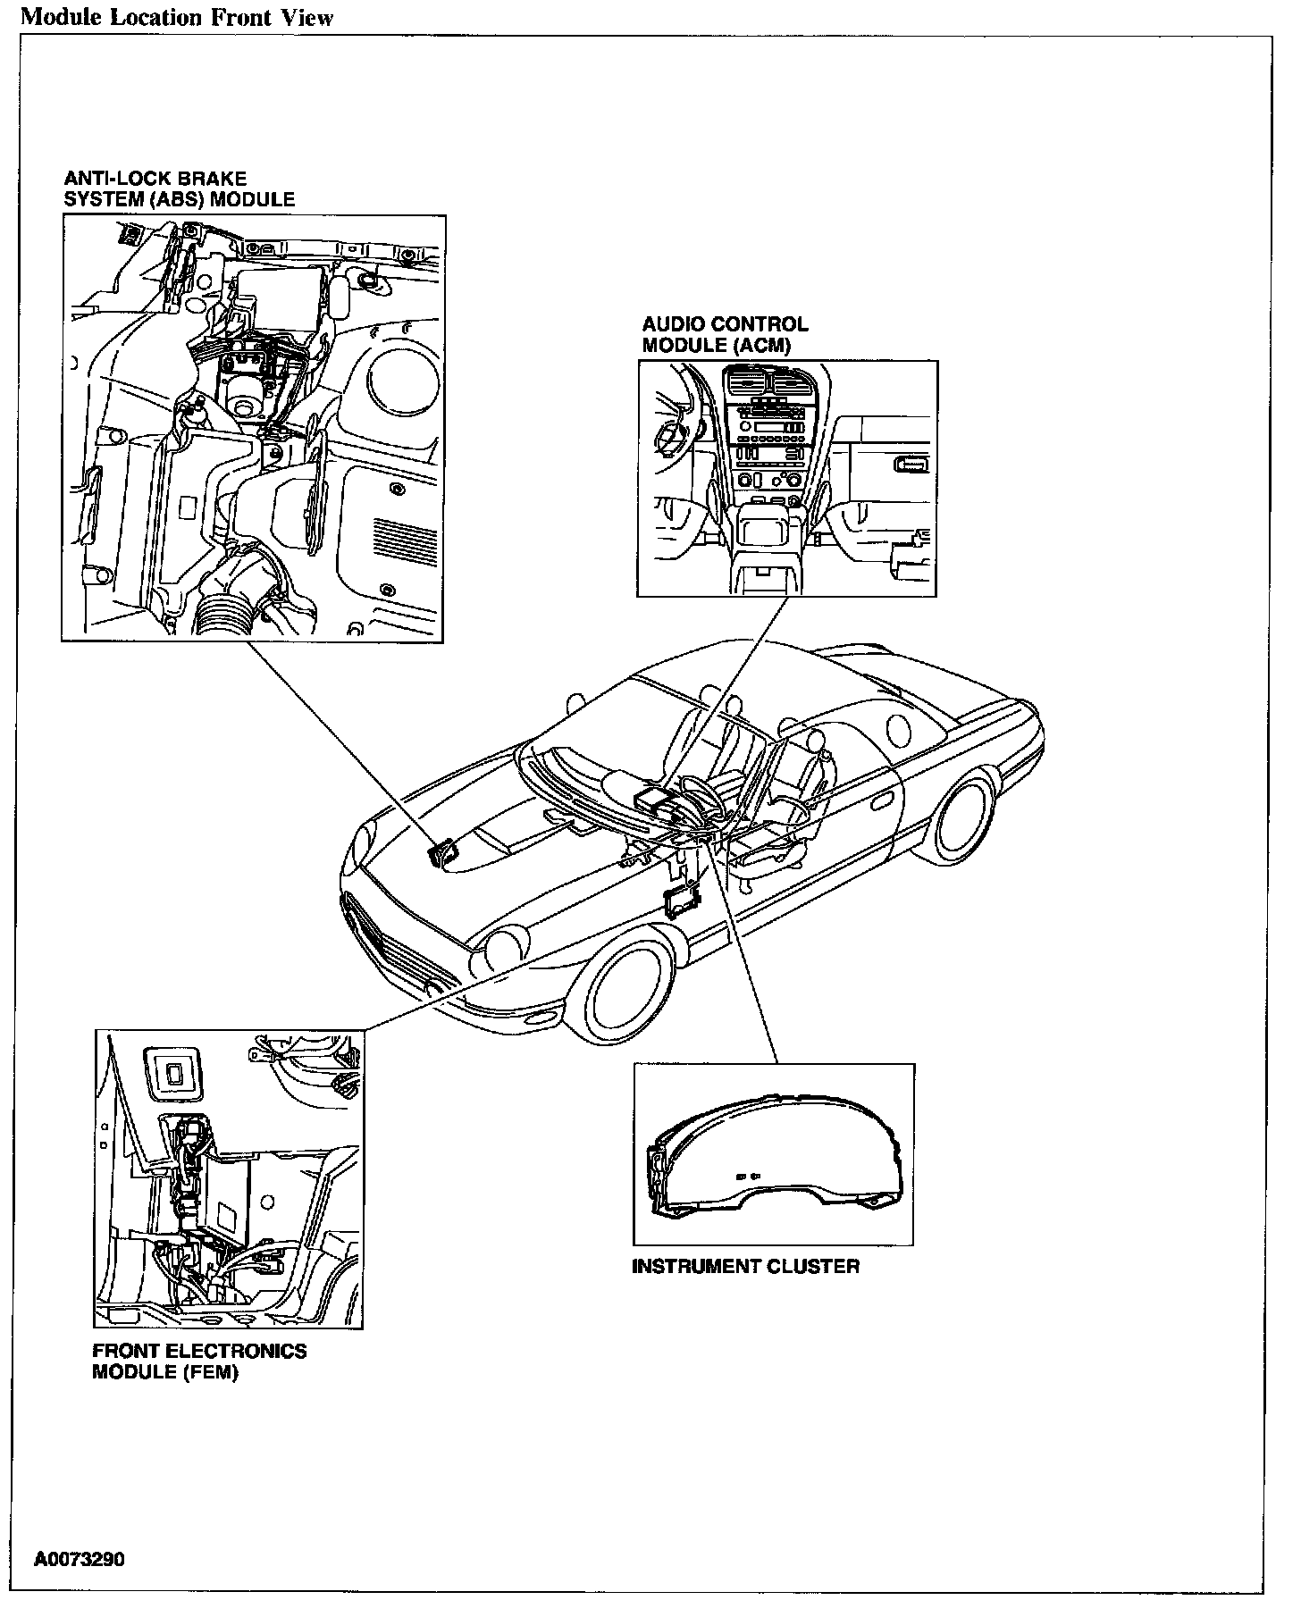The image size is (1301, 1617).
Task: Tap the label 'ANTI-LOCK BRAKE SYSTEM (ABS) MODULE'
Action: (x=179, y=189)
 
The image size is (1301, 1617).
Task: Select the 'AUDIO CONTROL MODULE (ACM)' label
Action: (x=725, y=335)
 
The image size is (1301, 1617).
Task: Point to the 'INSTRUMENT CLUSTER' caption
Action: (x=745, y=1266)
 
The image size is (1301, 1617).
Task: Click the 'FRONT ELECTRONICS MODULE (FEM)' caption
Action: (x=199, y=1361)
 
